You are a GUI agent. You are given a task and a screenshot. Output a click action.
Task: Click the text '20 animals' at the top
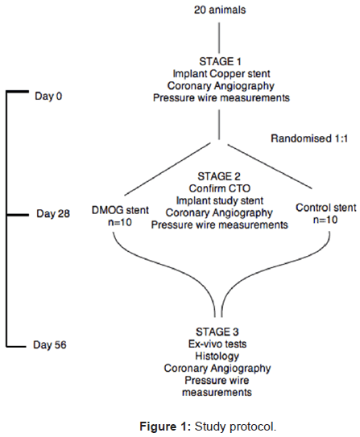tap(220, 10)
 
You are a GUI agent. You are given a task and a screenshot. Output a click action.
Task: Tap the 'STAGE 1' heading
tap(220, 61)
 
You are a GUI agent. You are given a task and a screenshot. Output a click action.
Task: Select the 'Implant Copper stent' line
tap(221, 73)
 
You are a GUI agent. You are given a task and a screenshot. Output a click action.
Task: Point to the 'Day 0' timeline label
tap(48, 96)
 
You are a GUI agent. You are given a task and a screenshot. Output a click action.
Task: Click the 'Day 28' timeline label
tap(53, 214)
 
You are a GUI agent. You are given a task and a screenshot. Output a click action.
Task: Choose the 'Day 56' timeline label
tap(50, 344)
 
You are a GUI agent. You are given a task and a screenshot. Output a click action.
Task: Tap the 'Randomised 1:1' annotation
tap(309, 138)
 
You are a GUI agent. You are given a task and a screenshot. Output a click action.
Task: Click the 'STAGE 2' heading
tap(219, 176)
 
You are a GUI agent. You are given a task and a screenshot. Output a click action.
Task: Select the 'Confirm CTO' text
tap(219, 188)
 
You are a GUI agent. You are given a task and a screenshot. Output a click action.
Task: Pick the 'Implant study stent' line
tap(219, 200)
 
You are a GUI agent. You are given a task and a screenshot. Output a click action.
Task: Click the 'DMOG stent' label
tap(120, 210)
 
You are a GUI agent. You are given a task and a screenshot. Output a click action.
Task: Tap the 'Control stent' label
tap(325, 208)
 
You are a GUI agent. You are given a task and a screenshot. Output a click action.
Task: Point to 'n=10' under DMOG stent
tap(120, 222)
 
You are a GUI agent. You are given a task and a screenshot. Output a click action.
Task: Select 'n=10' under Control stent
tap(325, 220)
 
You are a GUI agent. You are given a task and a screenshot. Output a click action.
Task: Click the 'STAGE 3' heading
tap(217, 332)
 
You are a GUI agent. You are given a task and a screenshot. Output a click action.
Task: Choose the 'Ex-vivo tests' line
tap(217, 344)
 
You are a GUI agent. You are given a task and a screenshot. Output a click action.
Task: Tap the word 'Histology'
tap(217, 357)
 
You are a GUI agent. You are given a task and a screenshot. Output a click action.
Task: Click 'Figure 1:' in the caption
tap(165, 427)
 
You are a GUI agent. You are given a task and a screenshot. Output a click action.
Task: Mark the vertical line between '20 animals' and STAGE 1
tap(219, 38)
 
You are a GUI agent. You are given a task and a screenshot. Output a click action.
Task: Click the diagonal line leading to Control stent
tap(270, 167)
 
